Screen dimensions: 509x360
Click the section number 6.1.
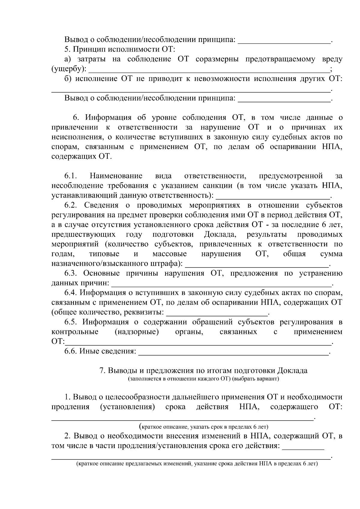71,176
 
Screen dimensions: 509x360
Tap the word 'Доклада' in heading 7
292,370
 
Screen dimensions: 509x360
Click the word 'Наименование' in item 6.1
116,176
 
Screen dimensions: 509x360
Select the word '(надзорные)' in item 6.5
136,332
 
